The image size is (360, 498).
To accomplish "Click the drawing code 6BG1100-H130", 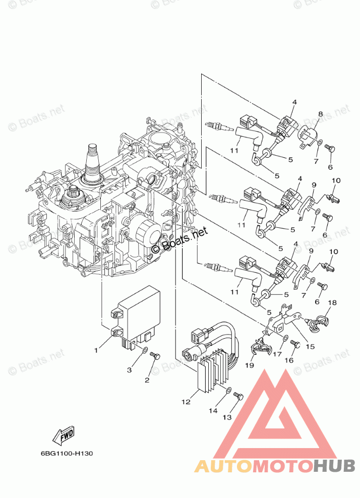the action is click(x=67, y=453).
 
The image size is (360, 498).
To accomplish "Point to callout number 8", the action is click(x=320, y=114).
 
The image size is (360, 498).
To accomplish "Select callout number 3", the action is click(x=130, y=370).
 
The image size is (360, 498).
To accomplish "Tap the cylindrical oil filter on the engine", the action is click(x=147, y=232).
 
